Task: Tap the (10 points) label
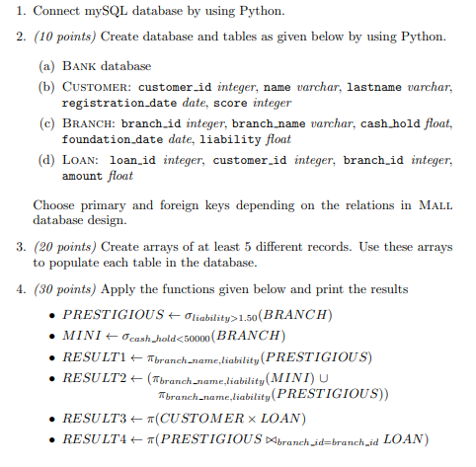click(x=65, y=37)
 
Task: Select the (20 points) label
click(x=65, y=244)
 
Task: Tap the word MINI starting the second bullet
click(x=79, y=336)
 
